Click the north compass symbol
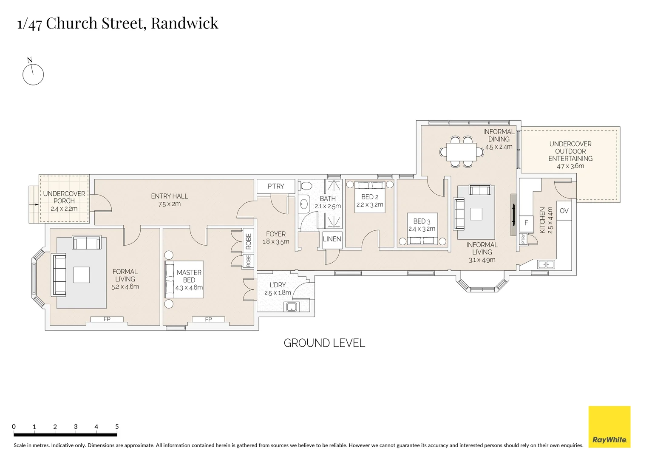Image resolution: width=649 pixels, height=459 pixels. [x=33, y=74]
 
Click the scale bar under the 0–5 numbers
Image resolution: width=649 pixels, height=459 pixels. [x=65, y=435]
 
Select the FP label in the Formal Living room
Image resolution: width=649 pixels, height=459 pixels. [x=107, y=319]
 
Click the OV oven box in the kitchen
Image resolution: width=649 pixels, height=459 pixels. [x=564, y=211]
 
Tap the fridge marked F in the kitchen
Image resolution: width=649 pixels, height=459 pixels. [x=526, y=223]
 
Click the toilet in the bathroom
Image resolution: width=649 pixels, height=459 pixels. [x=305, y=186]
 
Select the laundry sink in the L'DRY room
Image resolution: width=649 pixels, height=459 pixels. [x=292, y=307]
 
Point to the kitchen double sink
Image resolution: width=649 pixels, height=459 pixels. [x=546, y=264]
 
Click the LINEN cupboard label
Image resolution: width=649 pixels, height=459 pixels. [x=332, y=239]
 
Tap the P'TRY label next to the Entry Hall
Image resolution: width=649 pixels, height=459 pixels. [x=276, y=186]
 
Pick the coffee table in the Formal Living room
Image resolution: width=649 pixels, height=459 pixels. [x=81, y=275]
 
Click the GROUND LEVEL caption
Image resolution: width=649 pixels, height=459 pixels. [x=324, y=343]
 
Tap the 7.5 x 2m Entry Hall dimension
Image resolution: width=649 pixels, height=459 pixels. [x=170, y=204]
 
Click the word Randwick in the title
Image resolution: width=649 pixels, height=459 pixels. [x=184, y=23]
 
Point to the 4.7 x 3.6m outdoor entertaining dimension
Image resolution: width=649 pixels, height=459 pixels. [x=570, y=166]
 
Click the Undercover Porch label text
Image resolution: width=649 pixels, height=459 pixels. [x=64, y=197]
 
